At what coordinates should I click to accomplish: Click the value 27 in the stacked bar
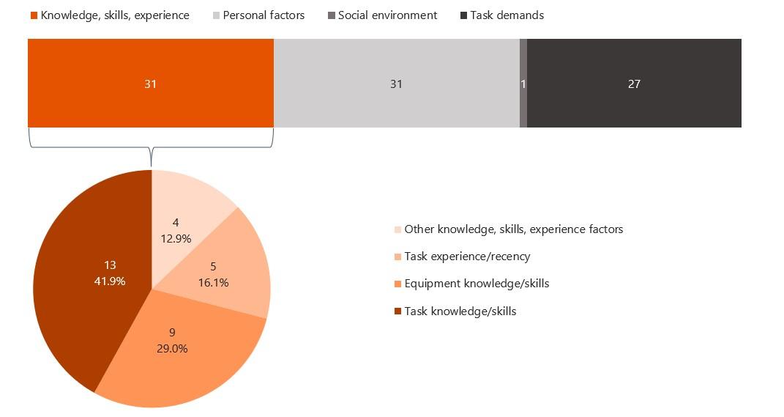point(634,84)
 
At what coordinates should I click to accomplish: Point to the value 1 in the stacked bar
point(523,84)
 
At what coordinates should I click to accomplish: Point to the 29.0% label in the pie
point(172,349)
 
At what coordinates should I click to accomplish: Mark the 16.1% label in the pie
point(213,282)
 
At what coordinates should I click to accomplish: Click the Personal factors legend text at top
point(264,15)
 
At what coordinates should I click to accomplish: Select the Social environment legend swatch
point(331,15)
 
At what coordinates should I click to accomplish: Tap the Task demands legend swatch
point(464,15)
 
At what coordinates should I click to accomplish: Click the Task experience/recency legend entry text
point(467,257)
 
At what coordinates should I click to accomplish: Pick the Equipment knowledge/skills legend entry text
point(477,284)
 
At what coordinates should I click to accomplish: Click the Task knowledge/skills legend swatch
point(397,311)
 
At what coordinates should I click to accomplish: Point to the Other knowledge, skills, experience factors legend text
point(513,229)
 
